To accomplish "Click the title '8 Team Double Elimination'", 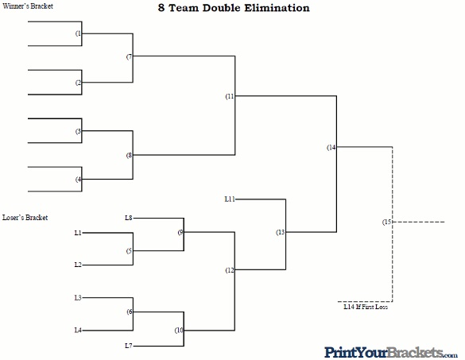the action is click(234, 8).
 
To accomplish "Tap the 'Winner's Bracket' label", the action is click(28, 6).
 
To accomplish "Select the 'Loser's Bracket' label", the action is click(25, 218).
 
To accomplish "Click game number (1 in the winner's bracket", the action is click(78, 33).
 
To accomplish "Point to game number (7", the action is click(130, 56).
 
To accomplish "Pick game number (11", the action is click(230, 96).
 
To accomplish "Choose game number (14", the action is click(331, 147).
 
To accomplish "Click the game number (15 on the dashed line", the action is click(387, 222).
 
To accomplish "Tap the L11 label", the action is click(230, 199).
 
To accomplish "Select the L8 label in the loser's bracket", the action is click(129, 218).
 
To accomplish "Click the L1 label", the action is click(78, 233).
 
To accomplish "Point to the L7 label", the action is click(129, 346).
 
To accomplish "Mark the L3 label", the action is click(78, 297).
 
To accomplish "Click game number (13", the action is click(281, 232).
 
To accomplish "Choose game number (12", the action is click(230, 270).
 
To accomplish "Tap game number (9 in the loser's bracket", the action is click(180, 233).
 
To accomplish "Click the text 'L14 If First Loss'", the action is click(366, 307).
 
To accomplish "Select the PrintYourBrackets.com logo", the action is click(391, 353).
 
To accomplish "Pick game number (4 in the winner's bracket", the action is click(78, 180).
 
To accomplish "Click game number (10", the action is click(179, 330).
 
